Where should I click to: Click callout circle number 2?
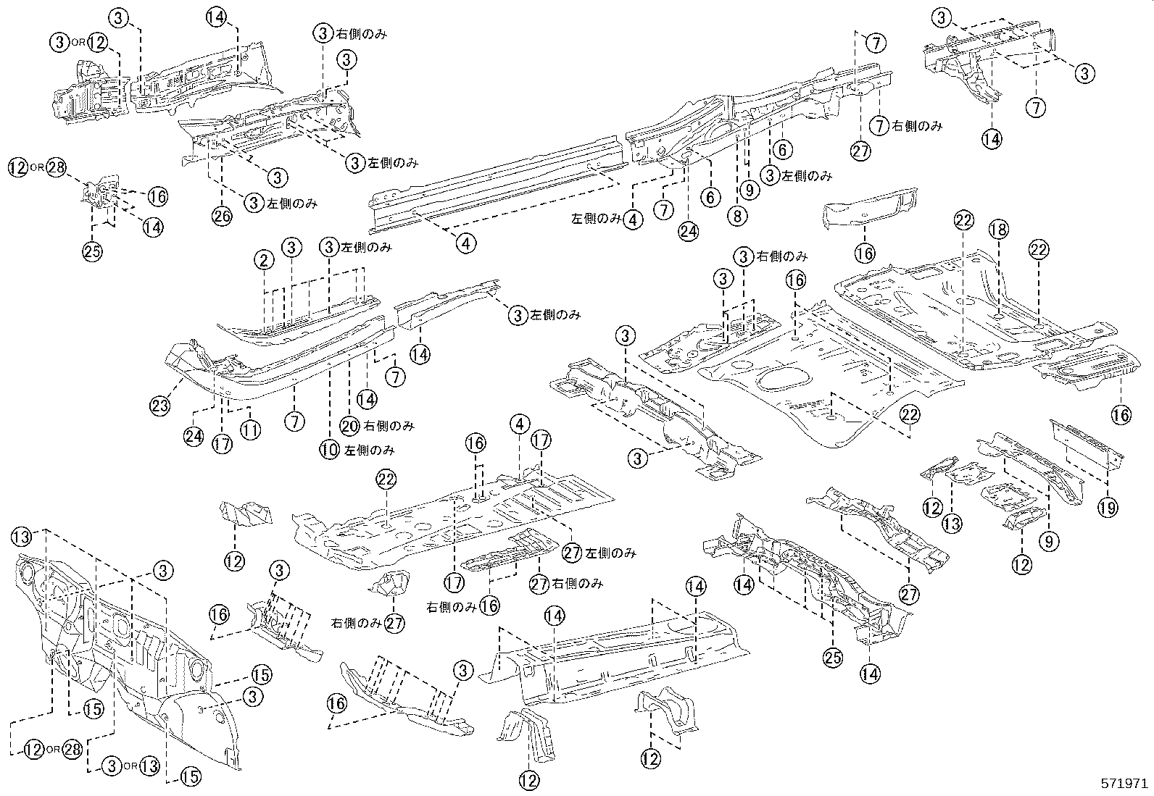pyautogui.click(x=264, y=259)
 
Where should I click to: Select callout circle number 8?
pyautogui.click(x=738, y=215)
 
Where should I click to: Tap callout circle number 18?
pyautogui.click(x=999, y=230)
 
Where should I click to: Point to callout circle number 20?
pyautogui.click(x=350, y=426)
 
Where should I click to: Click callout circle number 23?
pyautogui.click(x=161, y=406)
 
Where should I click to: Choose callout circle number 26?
pyautogui.click(x=222, y=215)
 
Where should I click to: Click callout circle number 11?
pyautogui.click(x=250, y=430)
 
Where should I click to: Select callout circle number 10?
pyautogui.click(x=330, y=450)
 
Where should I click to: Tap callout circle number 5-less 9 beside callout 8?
pyautogui.click(x=748, y=190)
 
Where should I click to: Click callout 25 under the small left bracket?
pyautogui.click(x=92, y=251)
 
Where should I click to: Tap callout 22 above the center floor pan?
pyautogui.click(x=387, y=479)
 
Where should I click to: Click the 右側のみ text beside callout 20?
pyautogui.click(x=389, y=426)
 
